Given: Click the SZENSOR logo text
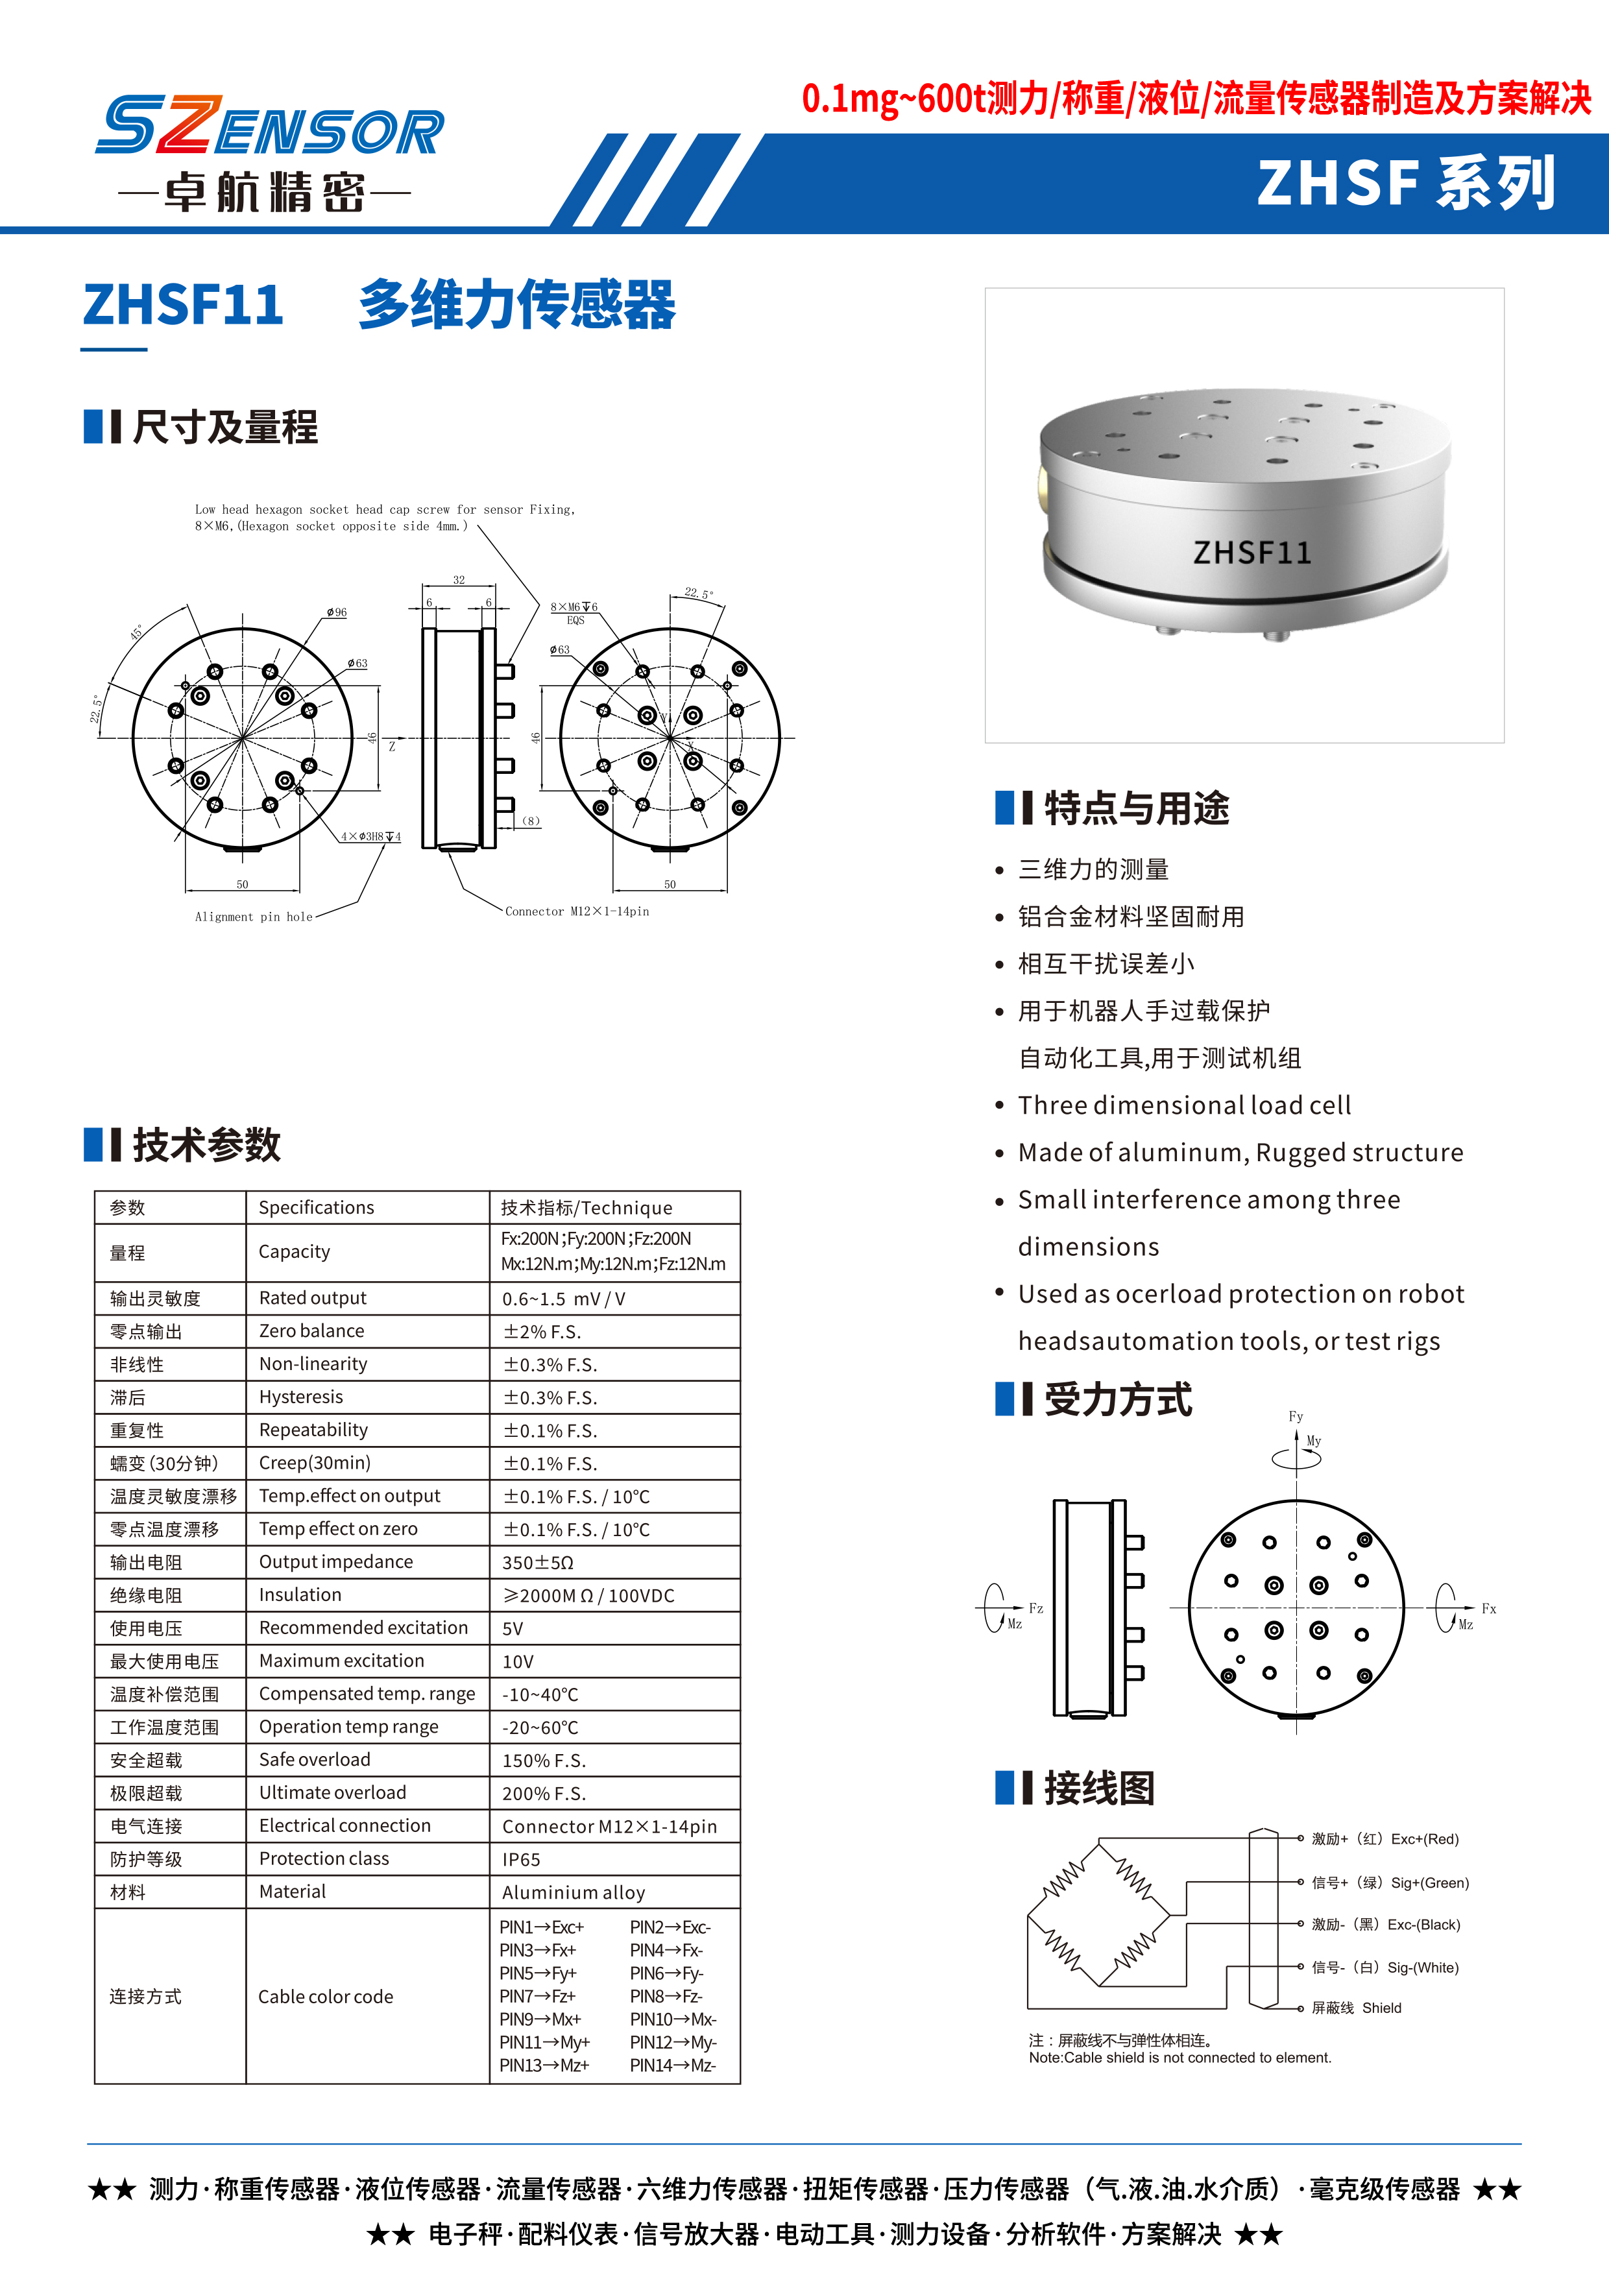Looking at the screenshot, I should pos(269,127).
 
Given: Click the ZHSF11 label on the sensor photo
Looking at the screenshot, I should pos(1252,552).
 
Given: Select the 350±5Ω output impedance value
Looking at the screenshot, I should pos(538,1563).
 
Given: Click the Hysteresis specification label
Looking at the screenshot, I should pos(300,1397).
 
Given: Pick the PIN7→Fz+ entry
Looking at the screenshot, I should pos(537,1995).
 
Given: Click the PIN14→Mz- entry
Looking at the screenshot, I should pos(673,2065).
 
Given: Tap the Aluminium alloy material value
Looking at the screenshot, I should pos(573,1892).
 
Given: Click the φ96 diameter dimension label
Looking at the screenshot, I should pos(337,612).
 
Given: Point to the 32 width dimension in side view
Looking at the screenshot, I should pos(459,580).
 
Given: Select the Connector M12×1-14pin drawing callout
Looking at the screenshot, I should pos(577,911).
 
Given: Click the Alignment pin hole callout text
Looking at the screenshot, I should pos(254,917).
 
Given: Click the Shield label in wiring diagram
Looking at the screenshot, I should pos(1381,2008).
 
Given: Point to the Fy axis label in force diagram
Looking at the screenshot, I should pos(1295,1417).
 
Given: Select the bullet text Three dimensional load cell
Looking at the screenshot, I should pos(1184,1106).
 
